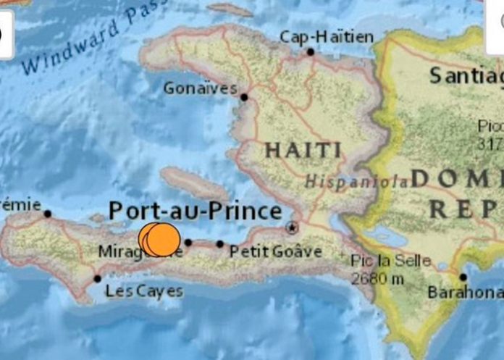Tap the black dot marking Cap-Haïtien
[x=311, y=52]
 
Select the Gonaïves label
[x=201, y=88]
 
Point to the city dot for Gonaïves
[x=244, y=97]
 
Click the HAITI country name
[x=303, y=150]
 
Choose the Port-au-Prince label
[x=195, y=212]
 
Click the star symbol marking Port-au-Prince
[x=293, y=227]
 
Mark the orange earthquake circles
[x=160, y=240]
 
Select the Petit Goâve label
[x=276, y=251]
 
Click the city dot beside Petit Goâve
[x=219, y=244]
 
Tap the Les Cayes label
[x=144, y=292]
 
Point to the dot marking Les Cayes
[x=98, y=279]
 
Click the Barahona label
[x=464, y=293]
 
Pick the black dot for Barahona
[x=463, y=277]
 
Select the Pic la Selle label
[x=390, y=261]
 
